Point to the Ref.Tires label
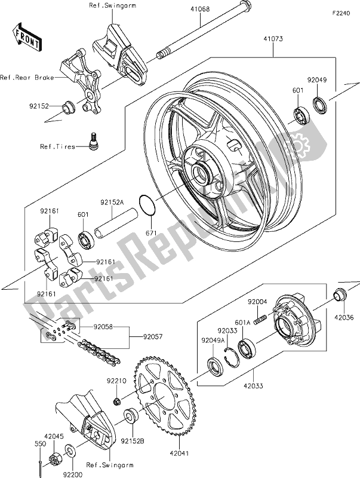pyautogui.click(x=58, y=147)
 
